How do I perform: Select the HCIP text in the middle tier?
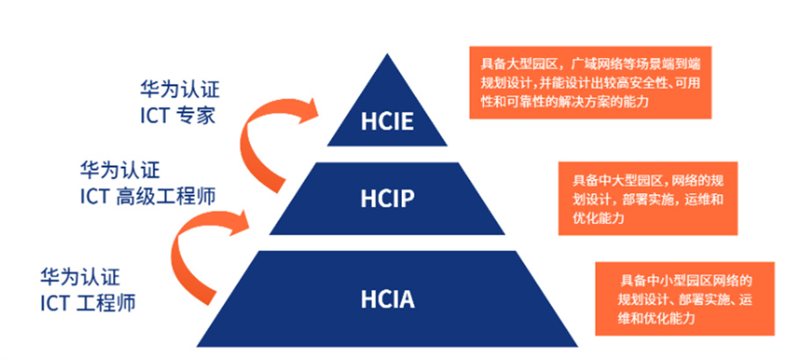pos(387,199)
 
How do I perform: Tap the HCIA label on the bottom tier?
pos(387,299)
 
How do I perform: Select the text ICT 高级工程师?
pos(147,196)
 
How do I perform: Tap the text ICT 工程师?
pos(88,303)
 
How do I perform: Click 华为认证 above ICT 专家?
pos(180,90)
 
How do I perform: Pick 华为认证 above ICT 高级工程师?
pos(120,170)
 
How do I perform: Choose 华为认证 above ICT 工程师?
pos(80,277)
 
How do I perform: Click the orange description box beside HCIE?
pos(590,83)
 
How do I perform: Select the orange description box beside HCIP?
pos(648,198)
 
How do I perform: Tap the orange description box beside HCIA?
pos(685,299)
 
